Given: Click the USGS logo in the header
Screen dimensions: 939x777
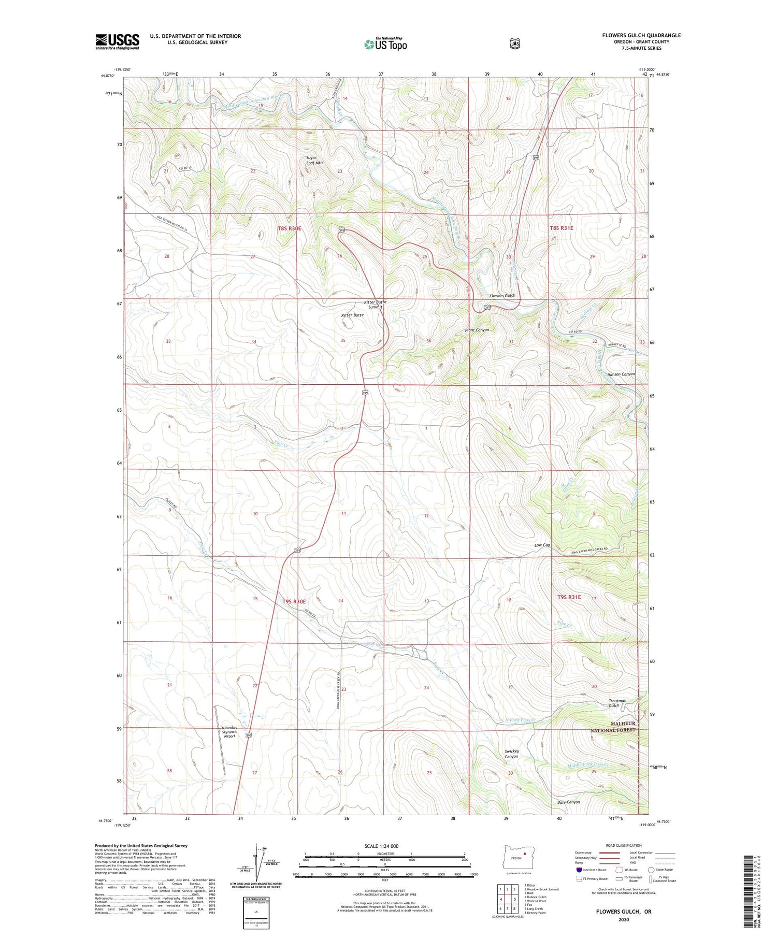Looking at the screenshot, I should tap(117, 41).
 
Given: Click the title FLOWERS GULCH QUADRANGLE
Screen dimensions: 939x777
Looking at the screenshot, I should tap(641, 35).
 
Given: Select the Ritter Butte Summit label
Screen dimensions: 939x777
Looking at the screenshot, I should tap(375, 305).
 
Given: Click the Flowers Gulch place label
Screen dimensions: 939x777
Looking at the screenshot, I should tap(502, 296).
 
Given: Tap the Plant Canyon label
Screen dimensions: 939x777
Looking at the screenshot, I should tap(477, 330).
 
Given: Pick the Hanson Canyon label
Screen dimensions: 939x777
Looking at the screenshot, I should tap(621, 374).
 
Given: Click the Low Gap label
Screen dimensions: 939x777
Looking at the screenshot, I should tap(542, 545).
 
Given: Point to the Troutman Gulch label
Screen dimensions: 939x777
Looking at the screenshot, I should tap(617, 703).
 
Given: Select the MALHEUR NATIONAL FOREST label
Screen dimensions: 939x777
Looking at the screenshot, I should tap(613, 727).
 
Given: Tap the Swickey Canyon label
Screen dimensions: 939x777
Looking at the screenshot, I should tap(511, 754).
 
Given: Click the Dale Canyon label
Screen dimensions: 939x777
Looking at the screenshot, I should tap(569, 802).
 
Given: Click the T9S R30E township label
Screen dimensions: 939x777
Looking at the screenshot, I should tap(294, 601).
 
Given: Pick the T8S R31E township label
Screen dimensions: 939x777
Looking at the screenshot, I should tap(562, 228).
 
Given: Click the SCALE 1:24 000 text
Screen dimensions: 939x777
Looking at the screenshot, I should tap(382, 846).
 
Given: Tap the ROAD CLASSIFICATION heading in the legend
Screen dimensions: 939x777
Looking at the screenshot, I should tap(620, 846).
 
